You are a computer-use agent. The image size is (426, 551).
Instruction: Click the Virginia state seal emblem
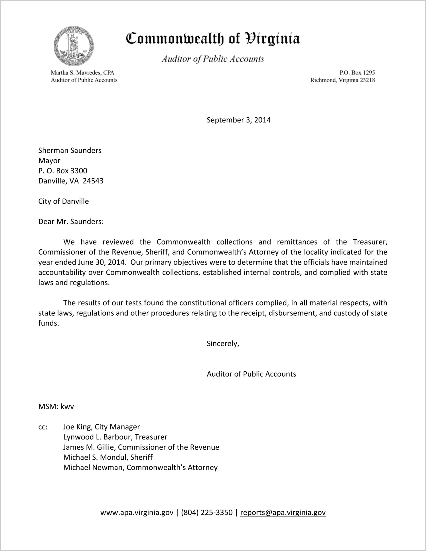(74, 46)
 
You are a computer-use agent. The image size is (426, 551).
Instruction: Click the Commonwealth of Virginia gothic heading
(213, 39)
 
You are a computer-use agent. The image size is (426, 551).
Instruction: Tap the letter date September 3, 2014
(238, 120)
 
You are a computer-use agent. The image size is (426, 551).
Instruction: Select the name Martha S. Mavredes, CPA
(82, 73)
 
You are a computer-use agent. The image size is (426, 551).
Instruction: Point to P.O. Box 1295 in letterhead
(357, 73)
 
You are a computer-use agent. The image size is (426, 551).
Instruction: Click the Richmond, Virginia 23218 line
(342, 80)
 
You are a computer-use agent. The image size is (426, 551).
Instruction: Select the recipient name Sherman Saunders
(70, 150)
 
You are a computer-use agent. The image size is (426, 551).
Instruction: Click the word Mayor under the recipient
(49, 161)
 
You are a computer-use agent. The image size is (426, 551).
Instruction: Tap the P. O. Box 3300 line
(63, 171)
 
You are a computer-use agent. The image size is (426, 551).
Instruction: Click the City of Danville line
(64, 201)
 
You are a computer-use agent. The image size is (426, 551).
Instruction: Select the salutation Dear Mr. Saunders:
(71, 221)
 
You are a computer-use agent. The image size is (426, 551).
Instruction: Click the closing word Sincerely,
(223, 344)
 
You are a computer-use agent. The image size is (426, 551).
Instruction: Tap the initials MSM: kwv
(56, 406)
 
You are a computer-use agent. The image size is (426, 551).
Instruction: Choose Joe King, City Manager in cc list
(102, 427)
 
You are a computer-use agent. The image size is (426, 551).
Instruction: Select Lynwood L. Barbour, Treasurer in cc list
(115, 437)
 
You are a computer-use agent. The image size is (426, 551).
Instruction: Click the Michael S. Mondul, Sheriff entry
(108, 457)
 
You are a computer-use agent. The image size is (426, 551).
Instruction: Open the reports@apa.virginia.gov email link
(283, 512)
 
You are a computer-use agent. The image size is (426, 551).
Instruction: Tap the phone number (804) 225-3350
(207, 512)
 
